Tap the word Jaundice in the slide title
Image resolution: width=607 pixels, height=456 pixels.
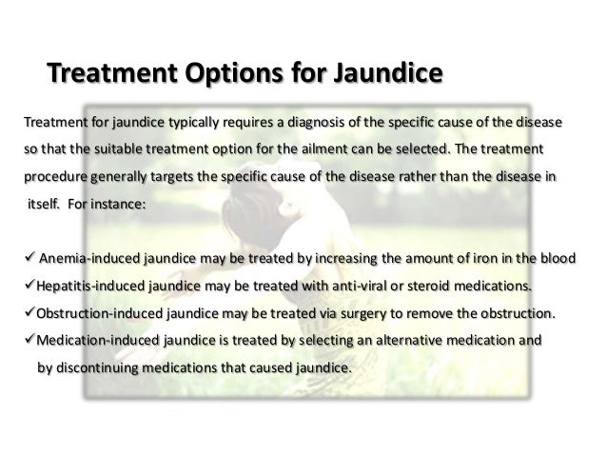click(x=380, y=73)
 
